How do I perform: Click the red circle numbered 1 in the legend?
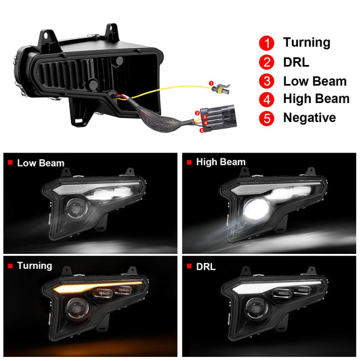click(267, 43)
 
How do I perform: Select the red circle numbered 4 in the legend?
click(267, 100)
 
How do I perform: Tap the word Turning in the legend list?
click(307, 43)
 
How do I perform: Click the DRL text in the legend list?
click(296, 62)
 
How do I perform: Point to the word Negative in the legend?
click(310, 118)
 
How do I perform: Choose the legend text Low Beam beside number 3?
click(315, 81)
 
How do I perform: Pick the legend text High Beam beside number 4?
click(316, 99)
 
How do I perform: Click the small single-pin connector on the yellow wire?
click(221, 89)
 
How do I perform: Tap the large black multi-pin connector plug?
click(217, 118)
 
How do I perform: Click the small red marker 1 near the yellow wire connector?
click(211, 83)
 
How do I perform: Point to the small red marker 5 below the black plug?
click(202, 131)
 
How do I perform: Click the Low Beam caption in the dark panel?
click(41, 163)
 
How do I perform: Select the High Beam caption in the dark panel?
click(221, 162)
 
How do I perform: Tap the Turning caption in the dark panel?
click(35, 266)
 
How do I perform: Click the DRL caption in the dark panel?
click(206, 267)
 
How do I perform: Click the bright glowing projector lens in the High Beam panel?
click(256, 209)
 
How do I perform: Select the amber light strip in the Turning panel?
click(98, 286)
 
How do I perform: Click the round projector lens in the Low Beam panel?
click(77, 209)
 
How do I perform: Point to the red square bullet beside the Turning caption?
click(10, 266)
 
